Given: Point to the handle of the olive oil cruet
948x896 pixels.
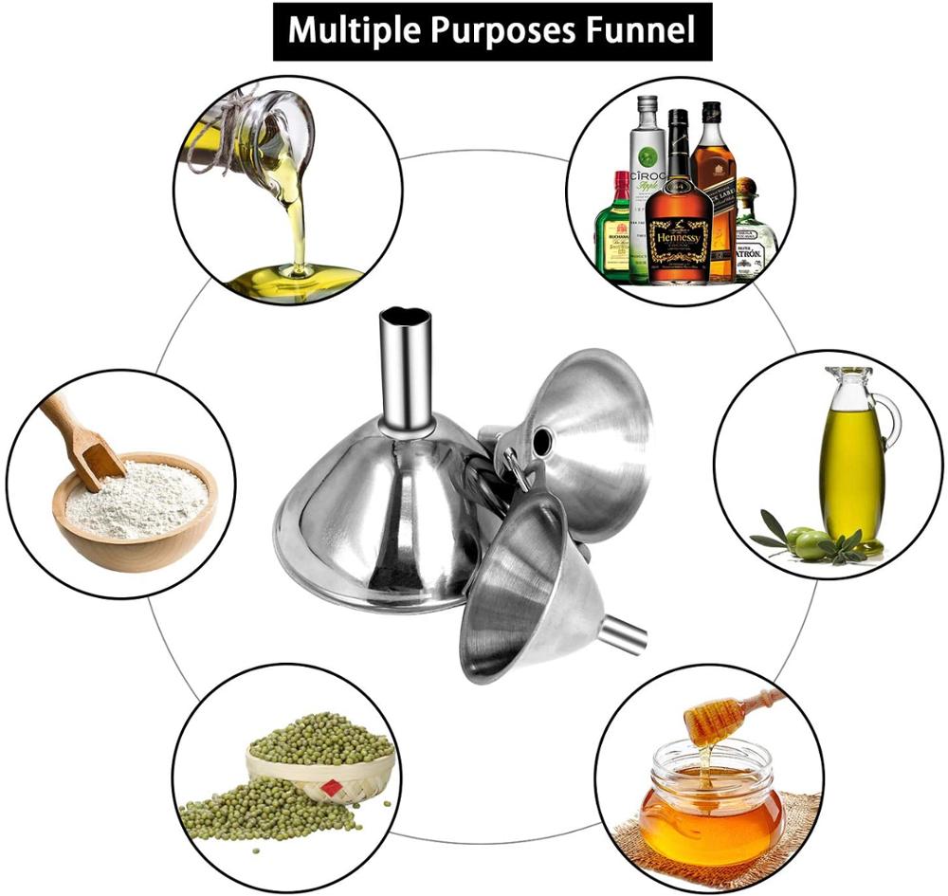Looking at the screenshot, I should (889, 422).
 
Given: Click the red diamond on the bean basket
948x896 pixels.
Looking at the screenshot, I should (329, 788).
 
